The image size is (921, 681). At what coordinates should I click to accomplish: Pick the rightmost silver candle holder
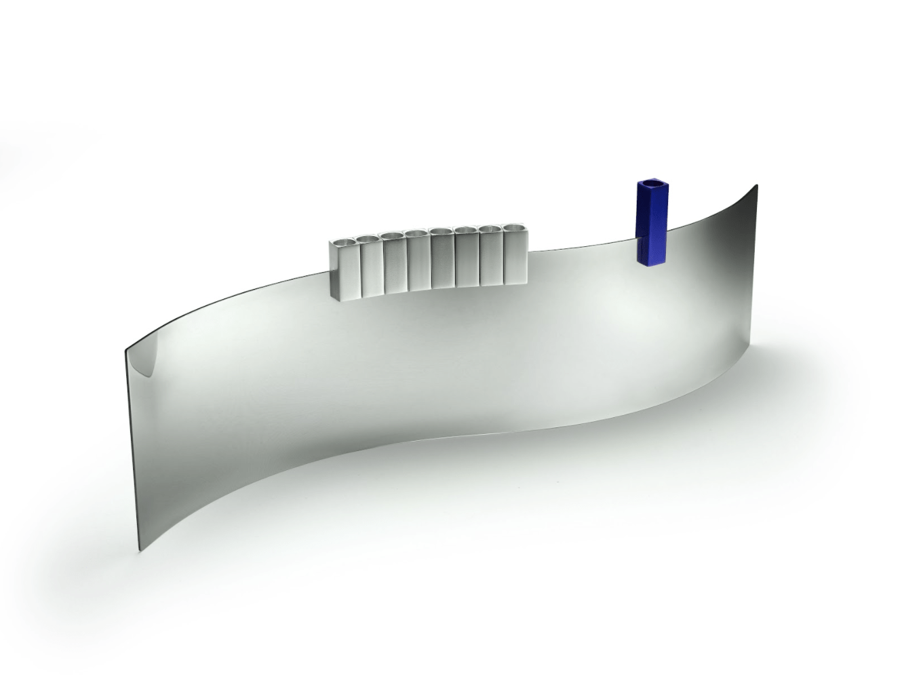tap(515, 254)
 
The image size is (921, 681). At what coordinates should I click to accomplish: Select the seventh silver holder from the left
tap(491, 257)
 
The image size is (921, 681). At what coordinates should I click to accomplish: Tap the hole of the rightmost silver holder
tap(515, 227)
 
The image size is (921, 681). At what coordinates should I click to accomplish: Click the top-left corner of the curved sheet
tap(126, 351)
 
